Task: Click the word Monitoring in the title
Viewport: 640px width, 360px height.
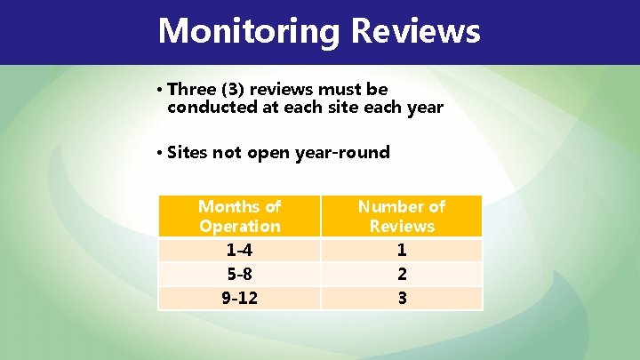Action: pos(249,31)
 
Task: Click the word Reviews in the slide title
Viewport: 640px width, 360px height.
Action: pos(415,31)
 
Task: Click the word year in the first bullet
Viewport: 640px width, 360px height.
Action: pos(423,108)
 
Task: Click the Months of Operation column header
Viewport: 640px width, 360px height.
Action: pos(239,216)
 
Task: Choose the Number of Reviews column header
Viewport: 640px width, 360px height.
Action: pos(402,216)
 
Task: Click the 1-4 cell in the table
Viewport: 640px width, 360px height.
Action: pos(239,250)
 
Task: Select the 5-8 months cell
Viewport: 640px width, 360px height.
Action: pos(239,274)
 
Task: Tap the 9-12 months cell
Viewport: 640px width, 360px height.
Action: pos(239,298)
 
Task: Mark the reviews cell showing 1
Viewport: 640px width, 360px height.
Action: pos(402,250)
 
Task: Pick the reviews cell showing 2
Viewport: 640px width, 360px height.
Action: pos(402,274)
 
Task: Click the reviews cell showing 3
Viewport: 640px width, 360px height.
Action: pos(402,298)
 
